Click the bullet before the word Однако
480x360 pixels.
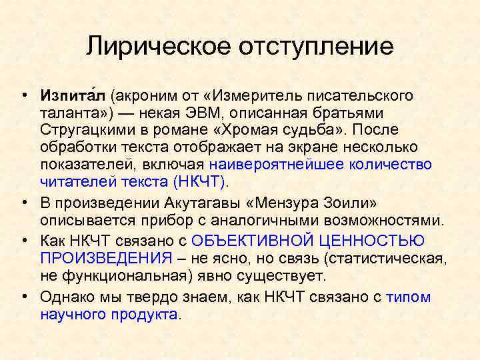24,297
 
